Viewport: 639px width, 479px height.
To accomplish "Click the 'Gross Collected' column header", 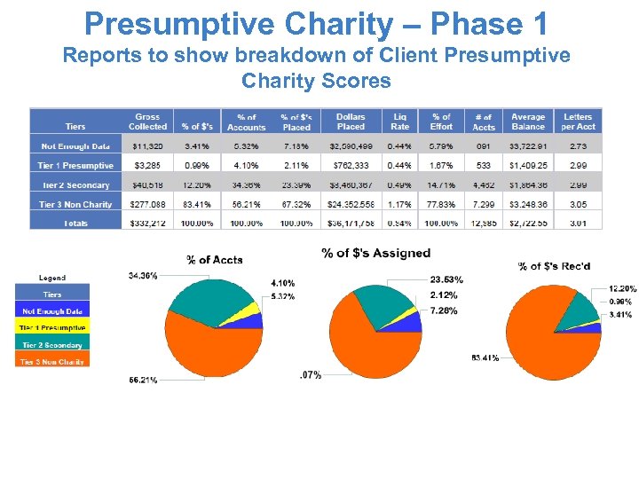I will pyautogui.click(x=147, y=122).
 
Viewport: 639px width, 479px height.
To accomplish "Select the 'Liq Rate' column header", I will pyautogui.click(x=400, y=122).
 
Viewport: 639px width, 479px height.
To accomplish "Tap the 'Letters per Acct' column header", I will pyautogui.click(x=578, y=122).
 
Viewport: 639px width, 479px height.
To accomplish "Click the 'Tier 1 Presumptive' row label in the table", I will pyautogui.click(x=75, y=165).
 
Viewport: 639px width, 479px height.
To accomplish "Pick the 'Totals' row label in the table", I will pyautogui.click(x=75, y=223).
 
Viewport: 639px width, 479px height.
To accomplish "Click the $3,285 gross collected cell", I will pyautogui.click(x=147, y=165).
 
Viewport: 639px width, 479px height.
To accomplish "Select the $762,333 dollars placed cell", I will pyautogui.click(x=351, y=165).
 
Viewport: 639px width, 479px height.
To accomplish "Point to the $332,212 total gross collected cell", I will pyautogui.click(x=147, y=223).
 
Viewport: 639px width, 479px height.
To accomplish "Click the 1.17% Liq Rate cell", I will pyautogui.click(x=400, y=204).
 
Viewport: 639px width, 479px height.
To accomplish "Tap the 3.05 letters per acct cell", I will pyautogui.click(x=578, y=204).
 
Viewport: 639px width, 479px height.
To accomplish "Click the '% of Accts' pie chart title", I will pyautogui.click(x=214, y=260).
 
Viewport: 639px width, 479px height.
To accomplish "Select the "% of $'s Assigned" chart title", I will pyautogui.click(x=376, y=254).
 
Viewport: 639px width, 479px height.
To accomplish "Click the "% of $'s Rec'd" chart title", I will pyautogui.click(x=554, y=265).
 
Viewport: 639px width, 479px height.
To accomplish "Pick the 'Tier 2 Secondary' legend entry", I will pyautogui.click(x=52, y=345).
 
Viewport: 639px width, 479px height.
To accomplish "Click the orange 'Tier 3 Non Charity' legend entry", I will pyautogui.click(x=52, y=361).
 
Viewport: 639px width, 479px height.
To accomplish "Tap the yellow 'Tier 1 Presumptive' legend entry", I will pyautogui.click(x=52, y=328).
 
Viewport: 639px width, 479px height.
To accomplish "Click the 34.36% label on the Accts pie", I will pyautogui.click(x=143, y=276).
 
